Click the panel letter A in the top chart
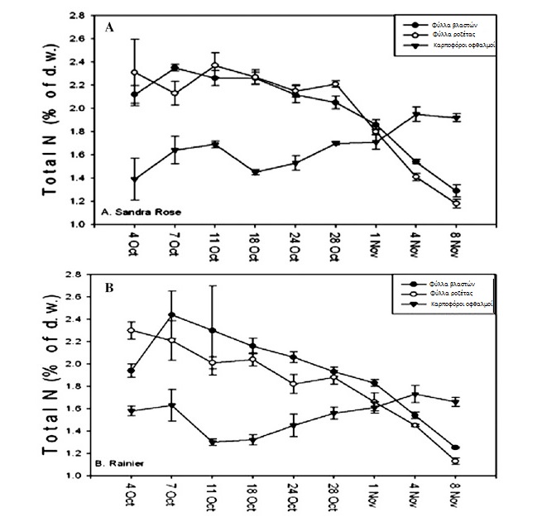point(109,28)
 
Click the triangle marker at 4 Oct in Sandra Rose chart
point(135,180)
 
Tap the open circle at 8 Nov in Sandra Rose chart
point(455,203)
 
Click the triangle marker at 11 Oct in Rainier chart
point(214,442)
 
